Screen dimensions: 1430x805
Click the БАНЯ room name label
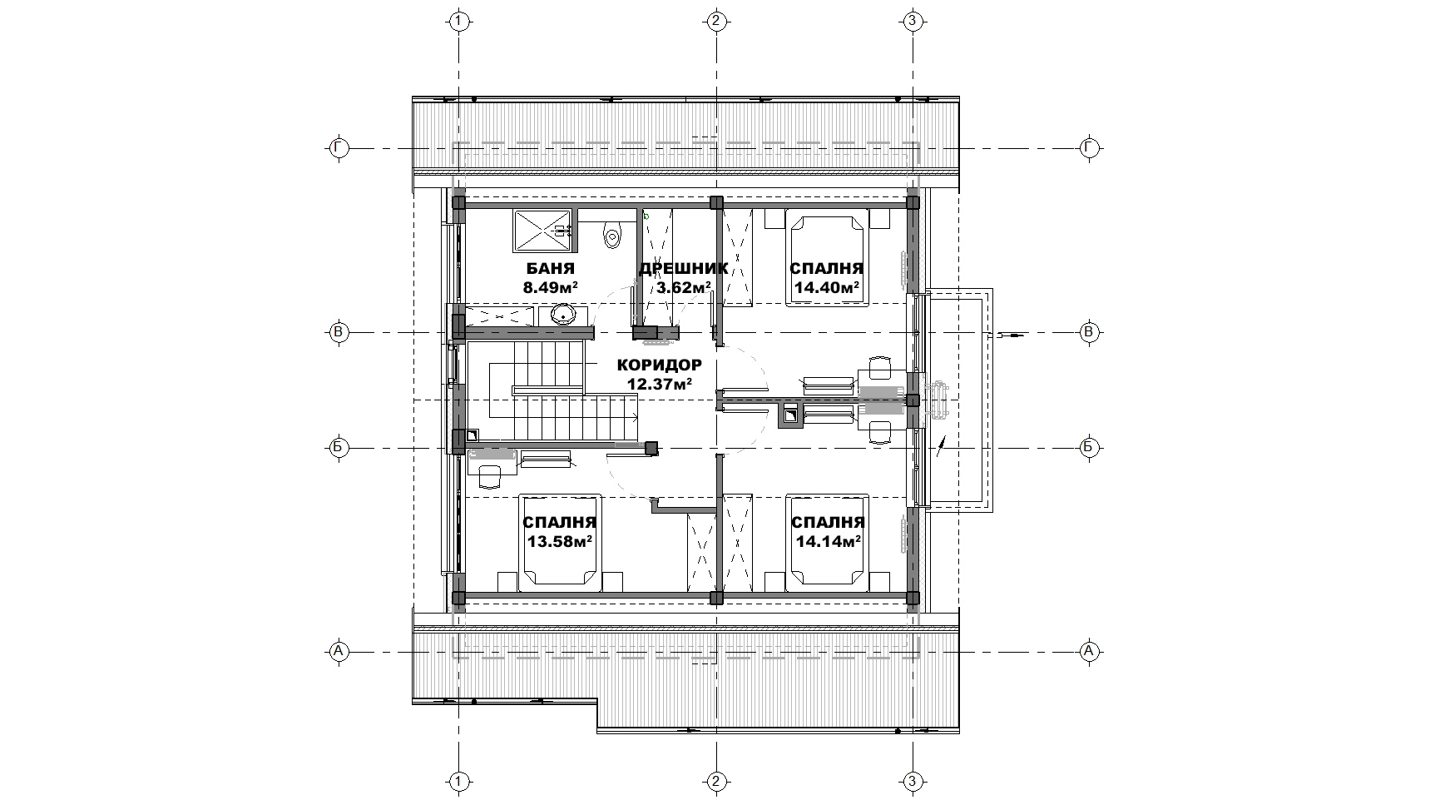[550, 269]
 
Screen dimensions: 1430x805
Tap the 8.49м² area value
[550, 288]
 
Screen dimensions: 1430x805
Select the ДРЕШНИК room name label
[684, 269]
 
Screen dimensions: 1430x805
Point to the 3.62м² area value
[684, 288]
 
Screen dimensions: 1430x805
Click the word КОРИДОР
[660, 365]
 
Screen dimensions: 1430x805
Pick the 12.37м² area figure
[660, 384]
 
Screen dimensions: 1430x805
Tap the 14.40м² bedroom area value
[826, 288]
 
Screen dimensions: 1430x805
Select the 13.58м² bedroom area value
[559, 541]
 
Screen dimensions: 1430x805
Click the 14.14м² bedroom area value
[827, 541]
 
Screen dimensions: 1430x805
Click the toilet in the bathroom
[613, 233]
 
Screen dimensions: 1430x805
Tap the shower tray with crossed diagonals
[541, 231]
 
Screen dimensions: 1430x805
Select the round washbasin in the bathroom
[563, 315]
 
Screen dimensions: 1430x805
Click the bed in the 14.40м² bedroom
[826, 260]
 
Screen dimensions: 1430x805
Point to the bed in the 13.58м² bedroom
[560, 543]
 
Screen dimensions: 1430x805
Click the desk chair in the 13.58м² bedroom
[490, 475]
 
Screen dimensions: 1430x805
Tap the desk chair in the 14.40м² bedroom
[879, 366]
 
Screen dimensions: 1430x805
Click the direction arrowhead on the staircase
[636, 420]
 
